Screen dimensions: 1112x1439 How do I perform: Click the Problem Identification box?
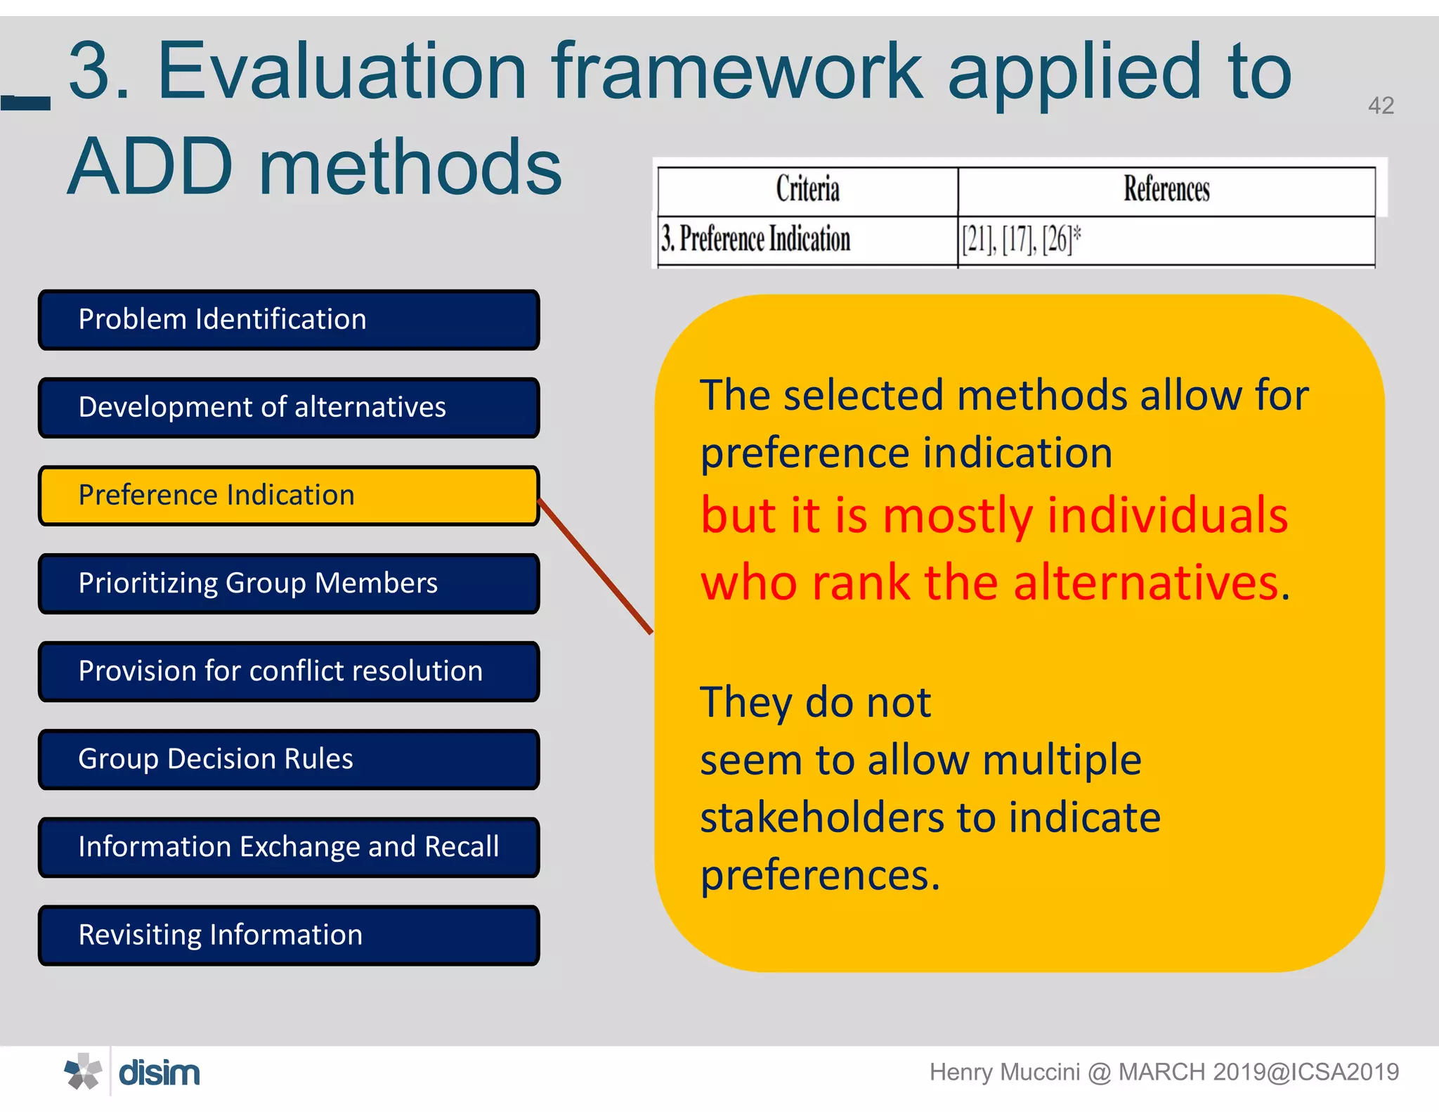click(x=289, y=320)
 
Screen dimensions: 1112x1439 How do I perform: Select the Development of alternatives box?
click(x=289, y=408)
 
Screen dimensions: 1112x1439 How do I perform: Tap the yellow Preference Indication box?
click(x=289, y=496)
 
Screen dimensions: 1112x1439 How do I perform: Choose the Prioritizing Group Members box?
click(x=289, y=583)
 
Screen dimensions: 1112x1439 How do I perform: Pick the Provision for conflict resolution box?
click(x=289, y=671)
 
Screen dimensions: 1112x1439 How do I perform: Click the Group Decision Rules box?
click(x=289, y=759)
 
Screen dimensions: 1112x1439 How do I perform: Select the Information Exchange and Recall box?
click(x=289, y=847)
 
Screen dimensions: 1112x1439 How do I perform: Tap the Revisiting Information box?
click(x=289, y=935)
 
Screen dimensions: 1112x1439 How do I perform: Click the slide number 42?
click(x=1380, y=105)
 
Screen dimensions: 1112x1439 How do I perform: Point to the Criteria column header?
click(x=807, y=190)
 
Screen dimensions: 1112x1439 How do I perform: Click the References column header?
click(x=1166, y=190)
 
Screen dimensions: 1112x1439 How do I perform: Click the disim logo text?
click(x=159, y=1073)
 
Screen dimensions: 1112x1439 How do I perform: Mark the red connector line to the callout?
click(x=595, y=567)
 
